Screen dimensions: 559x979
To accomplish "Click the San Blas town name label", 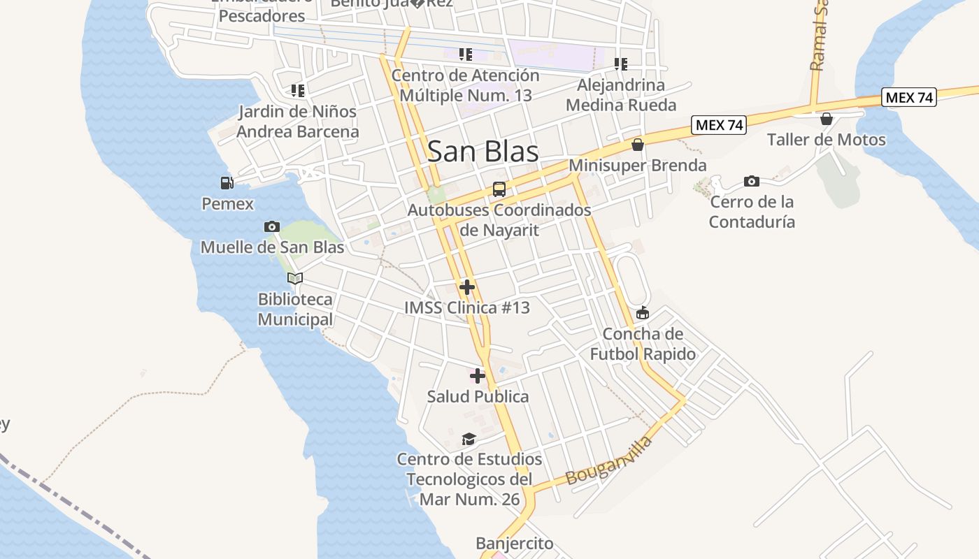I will [x=483, y=152].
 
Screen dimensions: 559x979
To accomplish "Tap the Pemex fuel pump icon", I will [x=227, y=183].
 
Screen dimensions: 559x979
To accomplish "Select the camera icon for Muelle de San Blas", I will [x=272, y=226].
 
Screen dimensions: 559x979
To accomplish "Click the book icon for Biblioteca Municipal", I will [x=295, y=279].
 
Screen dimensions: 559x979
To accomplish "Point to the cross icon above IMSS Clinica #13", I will [x=467, y=287].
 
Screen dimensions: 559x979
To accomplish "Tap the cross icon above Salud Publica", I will [x=478, y=376].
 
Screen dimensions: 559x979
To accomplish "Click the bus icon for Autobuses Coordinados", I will [x=499, y=189].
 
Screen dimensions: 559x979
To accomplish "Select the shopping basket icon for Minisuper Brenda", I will [x=638, y=145].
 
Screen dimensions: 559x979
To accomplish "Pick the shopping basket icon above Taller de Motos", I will [x=827, y=119].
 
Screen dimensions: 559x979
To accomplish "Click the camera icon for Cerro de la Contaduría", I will [x=752, y=182].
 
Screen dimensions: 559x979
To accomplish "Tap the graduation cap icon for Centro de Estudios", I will [x=469, y=439].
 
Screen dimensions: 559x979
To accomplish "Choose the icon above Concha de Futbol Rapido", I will [x=643, y=313].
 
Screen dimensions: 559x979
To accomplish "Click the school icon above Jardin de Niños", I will [x=298, y=91].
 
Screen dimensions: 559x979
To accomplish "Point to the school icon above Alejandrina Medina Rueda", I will [x=621, y=64].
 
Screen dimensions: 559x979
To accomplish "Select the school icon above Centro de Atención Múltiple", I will [x=465, y=55].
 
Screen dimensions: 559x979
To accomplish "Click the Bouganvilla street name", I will [x=609, y=460].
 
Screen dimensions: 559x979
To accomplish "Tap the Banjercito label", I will [x=514, y=543].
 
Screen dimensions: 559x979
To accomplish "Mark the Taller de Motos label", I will [x=827, y=140].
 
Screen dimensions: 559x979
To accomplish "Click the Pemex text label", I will [x=227, y=204].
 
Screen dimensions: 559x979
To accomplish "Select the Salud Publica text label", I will [x=478, y=397].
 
